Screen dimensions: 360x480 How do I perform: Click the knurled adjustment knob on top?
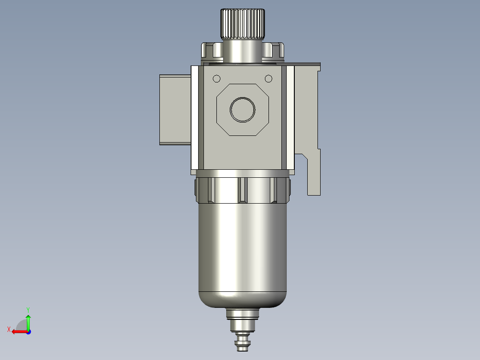[243, 24]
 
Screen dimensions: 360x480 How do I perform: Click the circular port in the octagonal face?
[243, 109]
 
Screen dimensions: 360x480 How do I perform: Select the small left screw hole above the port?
[217, 79]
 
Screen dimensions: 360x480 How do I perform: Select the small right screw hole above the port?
[268, 79]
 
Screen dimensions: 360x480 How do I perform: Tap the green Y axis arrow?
[28, 320]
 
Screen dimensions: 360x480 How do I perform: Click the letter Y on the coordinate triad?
[28, 309]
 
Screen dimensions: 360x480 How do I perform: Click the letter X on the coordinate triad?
[9, 330]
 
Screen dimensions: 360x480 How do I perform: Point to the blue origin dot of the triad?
[28, 331]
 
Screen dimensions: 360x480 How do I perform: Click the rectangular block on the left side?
[175, 110]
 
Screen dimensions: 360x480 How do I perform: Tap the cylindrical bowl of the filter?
[243, 250]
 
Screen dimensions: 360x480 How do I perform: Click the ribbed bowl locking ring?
[243, 189]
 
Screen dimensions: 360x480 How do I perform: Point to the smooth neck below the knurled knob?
[243, 50]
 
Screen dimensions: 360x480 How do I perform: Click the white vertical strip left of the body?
[195, 118]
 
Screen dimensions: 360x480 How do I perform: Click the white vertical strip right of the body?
[290, 118]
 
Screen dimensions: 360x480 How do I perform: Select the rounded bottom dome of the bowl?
[243, 299]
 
